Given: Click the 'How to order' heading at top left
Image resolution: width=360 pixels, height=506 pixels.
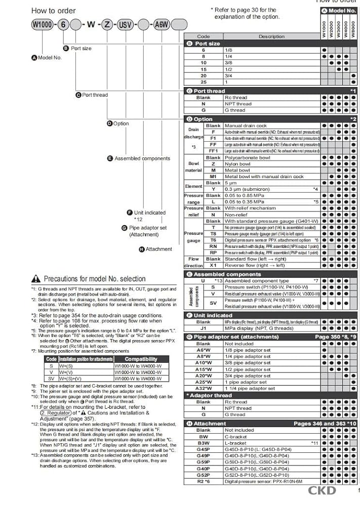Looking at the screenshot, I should [x=53, y=10].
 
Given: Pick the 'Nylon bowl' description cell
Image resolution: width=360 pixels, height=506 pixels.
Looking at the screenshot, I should [x=237, y=164].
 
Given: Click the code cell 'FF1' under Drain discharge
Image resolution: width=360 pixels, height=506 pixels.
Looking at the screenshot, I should [x=213, y=151].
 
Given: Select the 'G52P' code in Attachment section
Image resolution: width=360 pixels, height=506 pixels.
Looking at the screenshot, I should [x=203, y=475].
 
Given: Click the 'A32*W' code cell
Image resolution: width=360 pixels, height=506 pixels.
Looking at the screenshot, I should [x=203, y=389].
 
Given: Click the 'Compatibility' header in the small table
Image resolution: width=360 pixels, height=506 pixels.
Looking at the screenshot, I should [x=144, y=359].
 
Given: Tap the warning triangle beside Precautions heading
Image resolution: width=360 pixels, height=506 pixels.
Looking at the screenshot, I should [x=35, y=279].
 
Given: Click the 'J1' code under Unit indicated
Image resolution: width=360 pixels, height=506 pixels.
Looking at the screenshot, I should [x=203, y=328].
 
